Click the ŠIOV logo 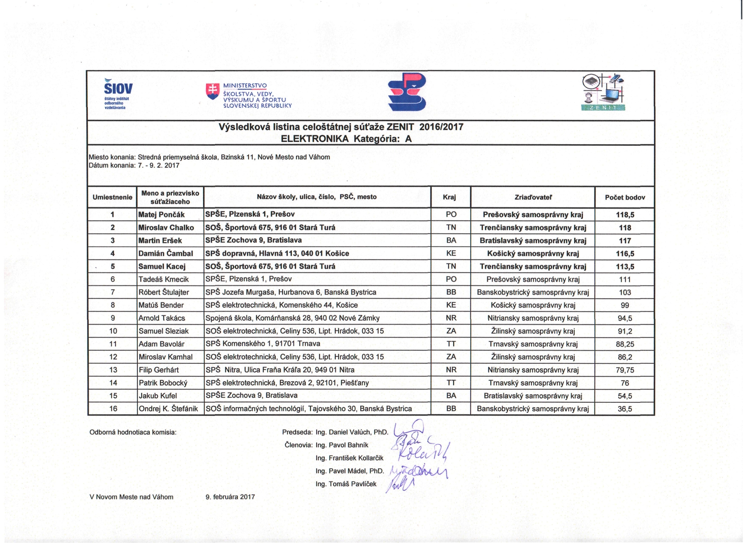118,93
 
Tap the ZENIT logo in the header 603,93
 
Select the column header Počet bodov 625,197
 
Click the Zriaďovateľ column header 533,197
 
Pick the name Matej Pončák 161,215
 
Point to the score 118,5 625,215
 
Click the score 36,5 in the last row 625,409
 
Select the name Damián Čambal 166,253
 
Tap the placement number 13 113,370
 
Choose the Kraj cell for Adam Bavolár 451,344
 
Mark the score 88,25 625,344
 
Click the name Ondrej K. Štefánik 168,409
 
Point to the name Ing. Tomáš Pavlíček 346,484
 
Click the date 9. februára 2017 230,497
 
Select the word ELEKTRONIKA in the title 315,139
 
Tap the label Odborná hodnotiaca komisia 133,432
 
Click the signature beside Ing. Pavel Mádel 418,471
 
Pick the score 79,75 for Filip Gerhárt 625,370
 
